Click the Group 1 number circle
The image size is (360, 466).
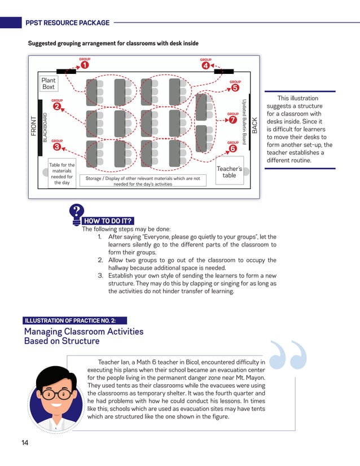84,65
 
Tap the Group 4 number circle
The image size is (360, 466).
206,65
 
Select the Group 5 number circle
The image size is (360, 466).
235,87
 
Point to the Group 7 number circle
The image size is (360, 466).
233,120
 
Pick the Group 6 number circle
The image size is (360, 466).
232,148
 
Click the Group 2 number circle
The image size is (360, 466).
57,106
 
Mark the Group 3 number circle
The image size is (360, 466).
57,147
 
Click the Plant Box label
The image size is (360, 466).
49,83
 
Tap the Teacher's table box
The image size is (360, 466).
229,172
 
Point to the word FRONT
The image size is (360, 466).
34,126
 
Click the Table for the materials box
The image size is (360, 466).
62,174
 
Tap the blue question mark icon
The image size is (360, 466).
76,214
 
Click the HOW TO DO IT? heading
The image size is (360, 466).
108,221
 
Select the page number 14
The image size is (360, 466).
25,443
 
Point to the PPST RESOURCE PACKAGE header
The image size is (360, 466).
67,23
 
